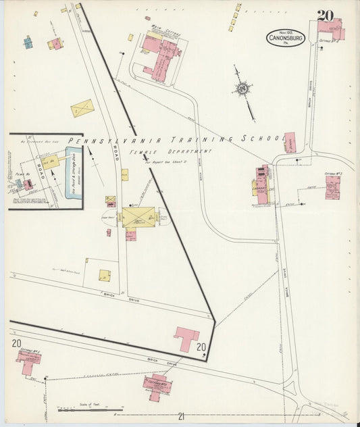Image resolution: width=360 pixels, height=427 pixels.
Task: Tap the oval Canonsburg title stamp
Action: [285, 38]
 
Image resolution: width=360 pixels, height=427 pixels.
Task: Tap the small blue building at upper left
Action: [28, 43]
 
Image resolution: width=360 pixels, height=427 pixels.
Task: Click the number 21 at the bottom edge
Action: [181, 417]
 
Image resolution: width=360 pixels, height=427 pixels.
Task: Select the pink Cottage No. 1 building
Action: [30, 362]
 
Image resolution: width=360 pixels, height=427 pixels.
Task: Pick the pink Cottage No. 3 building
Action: [332, 187]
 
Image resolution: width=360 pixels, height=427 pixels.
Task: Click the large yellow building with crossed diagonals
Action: [139, 217]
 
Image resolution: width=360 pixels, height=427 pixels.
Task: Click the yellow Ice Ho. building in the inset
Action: [51, 163]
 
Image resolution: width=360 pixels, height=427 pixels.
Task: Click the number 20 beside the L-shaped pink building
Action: [201, 347]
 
